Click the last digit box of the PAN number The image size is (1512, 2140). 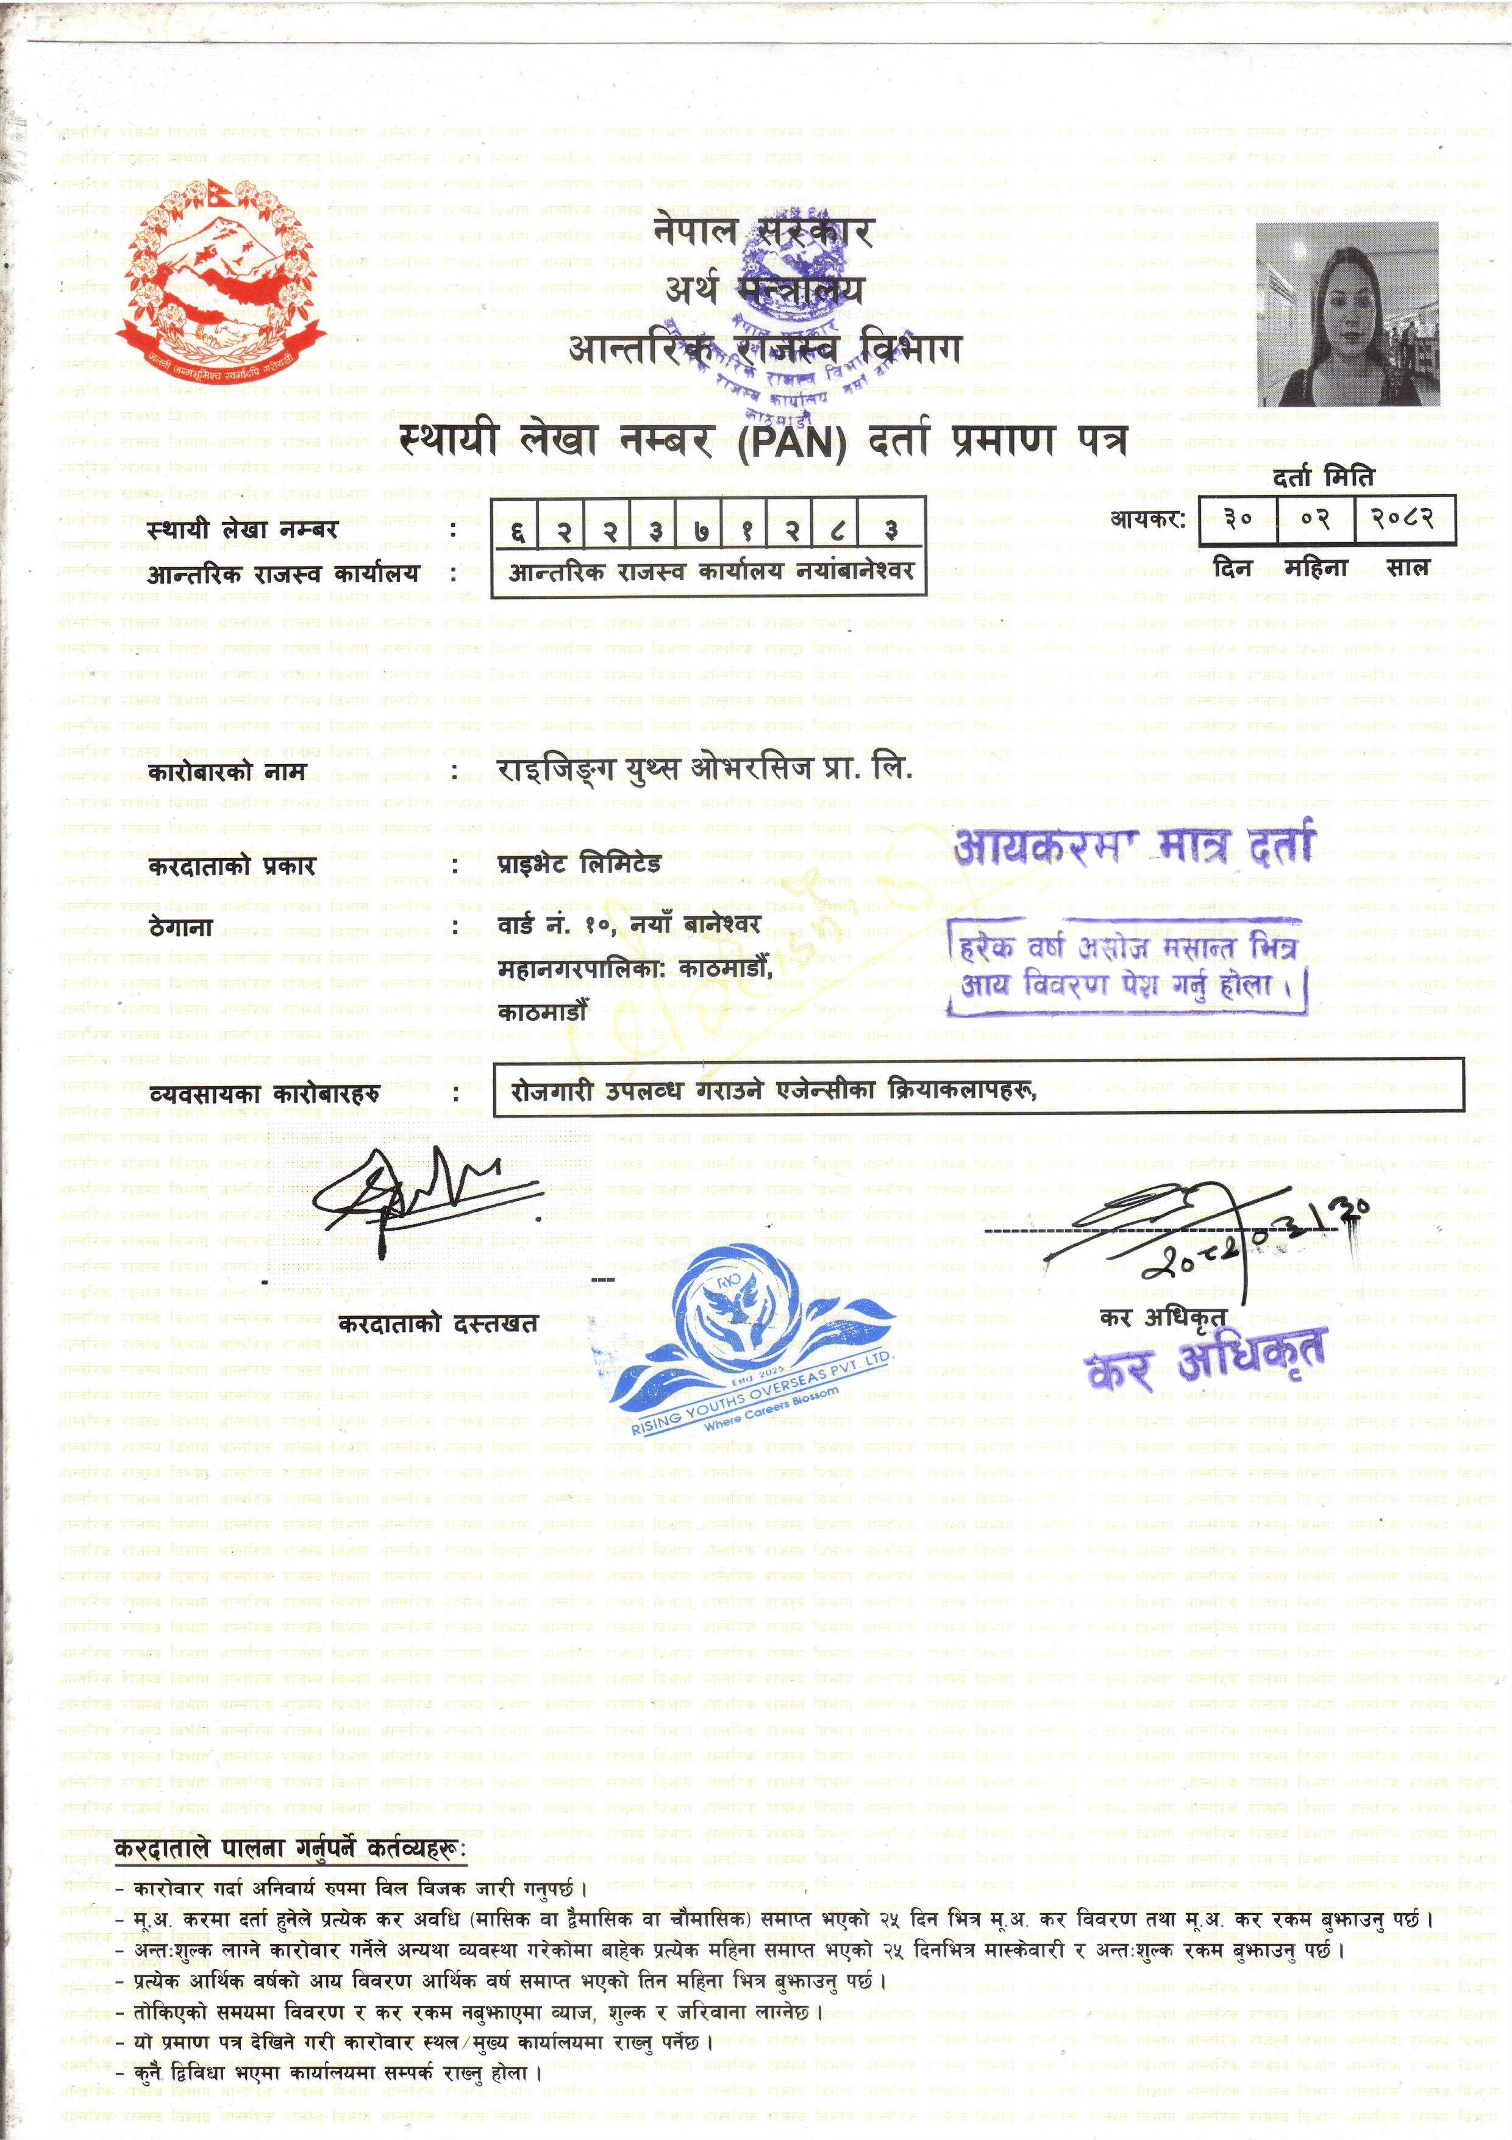tap(891, 531)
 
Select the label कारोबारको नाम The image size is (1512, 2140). tap(226, 771)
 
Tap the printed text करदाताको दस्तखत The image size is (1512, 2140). tap(438, 1323)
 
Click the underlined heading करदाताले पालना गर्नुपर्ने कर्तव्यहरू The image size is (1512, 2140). tap(290, 1848)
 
